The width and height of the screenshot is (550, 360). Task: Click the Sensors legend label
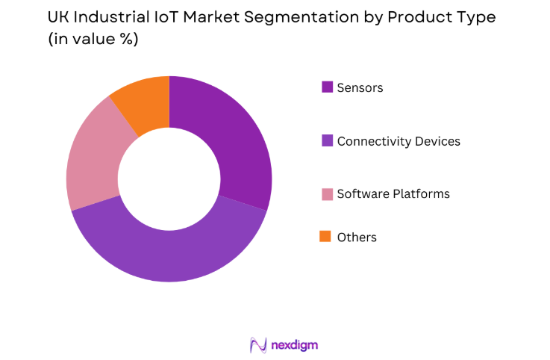pos(360,87)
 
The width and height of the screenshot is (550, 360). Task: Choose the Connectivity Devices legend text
pos(399,140)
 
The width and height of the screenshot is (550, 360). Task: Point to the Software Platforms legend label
pos(393,193)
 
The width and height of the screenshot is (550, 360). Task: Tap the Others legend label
pos(357,237)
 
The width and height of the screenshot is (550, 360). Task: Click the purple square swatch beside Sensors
pos(327,87)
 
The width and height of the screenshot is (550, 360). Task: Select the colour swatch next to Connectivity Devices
pos(327,140)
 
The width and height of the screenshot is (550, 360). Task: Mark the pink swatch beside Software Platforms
pos(327,193)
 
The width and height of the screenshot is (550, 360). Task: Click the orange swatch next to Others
pos(325,236)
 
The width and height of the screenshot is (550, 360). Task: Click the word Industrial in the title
pos(113,16)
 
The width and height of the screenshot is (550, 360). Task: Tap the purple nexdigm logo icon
pos(258,345)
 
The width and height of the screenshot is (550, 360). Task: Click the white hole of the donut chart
pos(169,179)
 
